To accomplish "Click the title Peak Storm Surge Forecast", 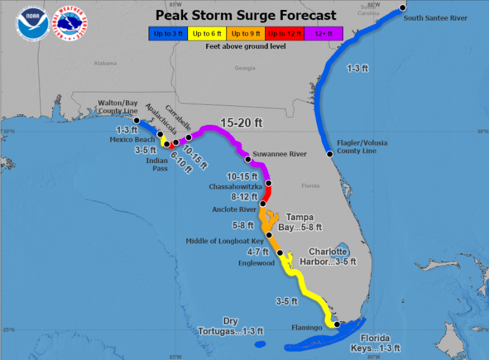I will (x=245, y=15).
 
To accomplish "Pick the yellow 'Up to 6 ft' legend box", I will (x=207, y=34).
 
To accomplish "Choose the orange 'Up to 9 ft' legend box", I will (x=246, y=34).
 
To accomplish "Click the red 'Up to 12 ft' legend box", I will (x=285, y=34).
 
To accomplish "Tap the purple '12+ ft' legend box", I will (x=323, y=34).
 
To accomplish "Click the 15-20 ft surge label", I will (x=241, y=124).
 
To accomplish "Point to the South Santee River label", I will (x=435, y=18).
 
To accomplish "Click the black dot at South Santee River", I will (x=402, y=8).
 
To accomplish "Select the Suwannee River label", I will (x=279, y=154).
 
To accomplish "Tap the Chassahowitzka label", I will (x=235, y=187).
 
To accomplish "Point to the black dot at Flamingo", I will (x=337, y=325).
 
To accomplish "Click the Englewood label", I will (x=256, y=263).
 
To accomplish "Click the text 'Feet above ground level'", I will (x=245, y=46).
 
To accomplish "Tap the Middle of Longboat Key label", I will (x=225, y=241).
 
